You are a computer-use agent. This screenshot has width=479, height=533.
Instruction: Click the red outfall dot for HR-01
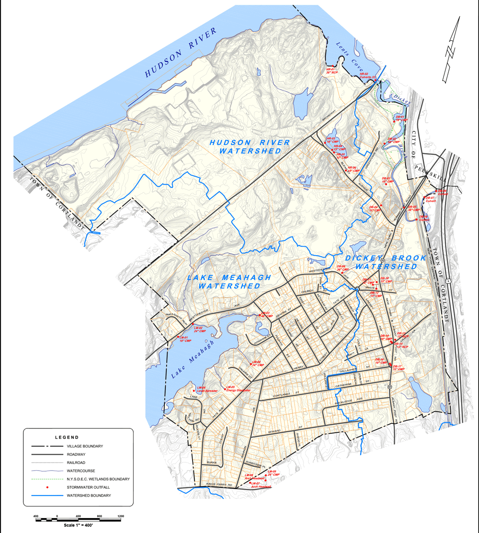coord(333,66)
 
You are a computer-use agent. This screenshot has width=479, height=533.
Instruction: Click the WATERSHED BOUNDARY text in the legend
coord(89,495)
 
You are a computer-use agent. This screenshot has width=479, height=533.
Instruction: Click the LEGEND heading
coord(67,437)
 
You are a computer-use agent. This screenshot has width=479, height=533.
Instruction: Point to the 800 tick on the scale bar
coord(99,516)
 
